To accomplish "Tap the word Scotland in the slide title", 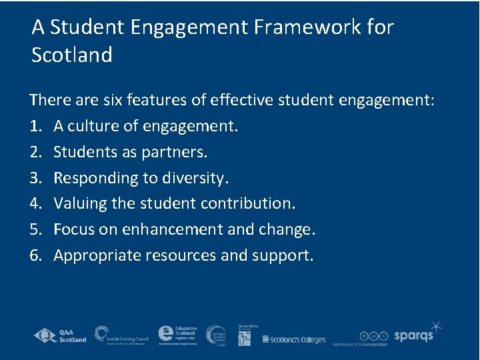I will pyautogui.click(x=72, y=55).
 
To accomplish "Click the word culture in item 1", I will pyautogui.click(x=97, y=125).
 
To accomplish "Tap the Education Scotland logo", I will pyautogui.click(x=177, y=335).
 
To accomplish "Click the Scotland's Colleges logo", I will pyautogui.click(x=294, y=339).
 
